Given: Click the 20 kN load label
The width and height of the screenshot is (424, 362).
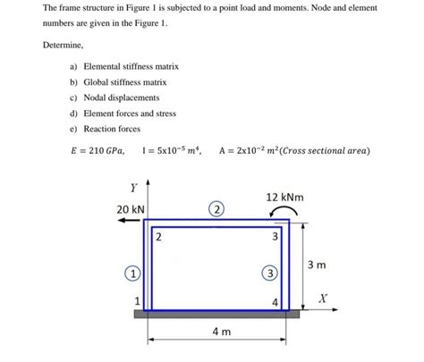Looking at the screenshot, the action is coord(130,210).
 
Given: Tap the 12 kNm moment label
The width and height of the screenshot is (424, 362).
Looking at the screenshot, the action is coord(284,196).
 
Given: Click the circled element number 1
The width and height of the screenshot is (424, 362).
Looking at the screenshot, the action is coord(131,272).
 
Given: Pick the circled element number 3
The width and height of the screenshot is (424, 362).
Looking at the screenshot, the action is coord(267,272).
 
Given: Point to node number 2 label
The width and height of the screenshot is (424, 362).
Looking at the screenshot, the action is coord(158,237).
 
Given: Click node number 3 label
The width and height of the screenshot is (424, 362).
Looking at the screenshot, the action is coord(276,237).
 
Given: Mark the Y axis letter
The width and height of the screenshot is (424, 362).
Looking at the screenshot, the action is coord(132,188).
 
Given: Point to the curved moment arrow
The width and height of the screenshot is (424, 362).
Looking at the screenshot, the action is coord(284,211).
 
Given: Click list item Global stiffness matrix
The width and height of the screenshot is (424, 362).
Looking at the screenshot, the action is coord(124,82).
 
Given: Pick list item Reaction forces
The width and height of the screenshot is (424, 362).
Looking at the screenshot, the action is coord(114,129).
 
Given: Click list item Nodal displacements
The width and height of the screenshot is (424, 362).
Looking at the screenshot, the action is coord(121,97).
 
